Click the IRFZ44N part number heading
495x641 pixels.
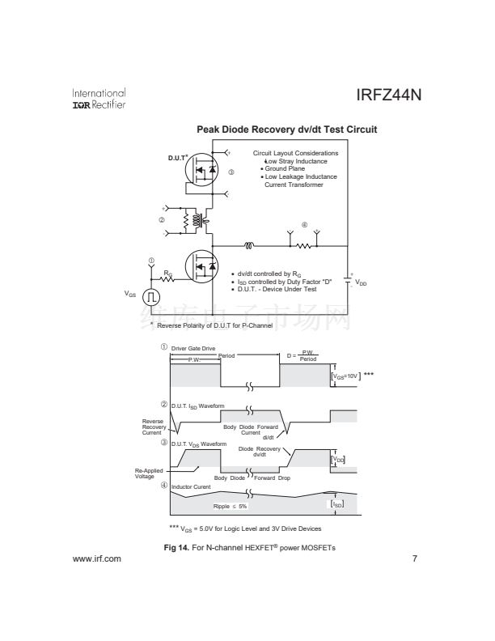[x=388, y=96]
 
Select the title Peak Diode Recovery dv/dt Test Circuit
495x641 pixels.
[x=286, y=129]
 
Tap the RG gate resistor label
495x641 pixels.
[x=167, y=273]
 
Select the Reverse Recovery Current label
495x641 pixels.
[x=154, y=427]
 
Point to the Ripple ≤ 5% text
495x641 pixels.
[x=230, y=506]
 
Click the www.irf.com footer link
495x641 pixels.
[x=96, y=558]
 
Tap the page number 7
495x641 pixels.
[x=414, y=558]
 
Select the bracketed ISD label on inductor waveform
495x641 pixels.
[x=338, y=503]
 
